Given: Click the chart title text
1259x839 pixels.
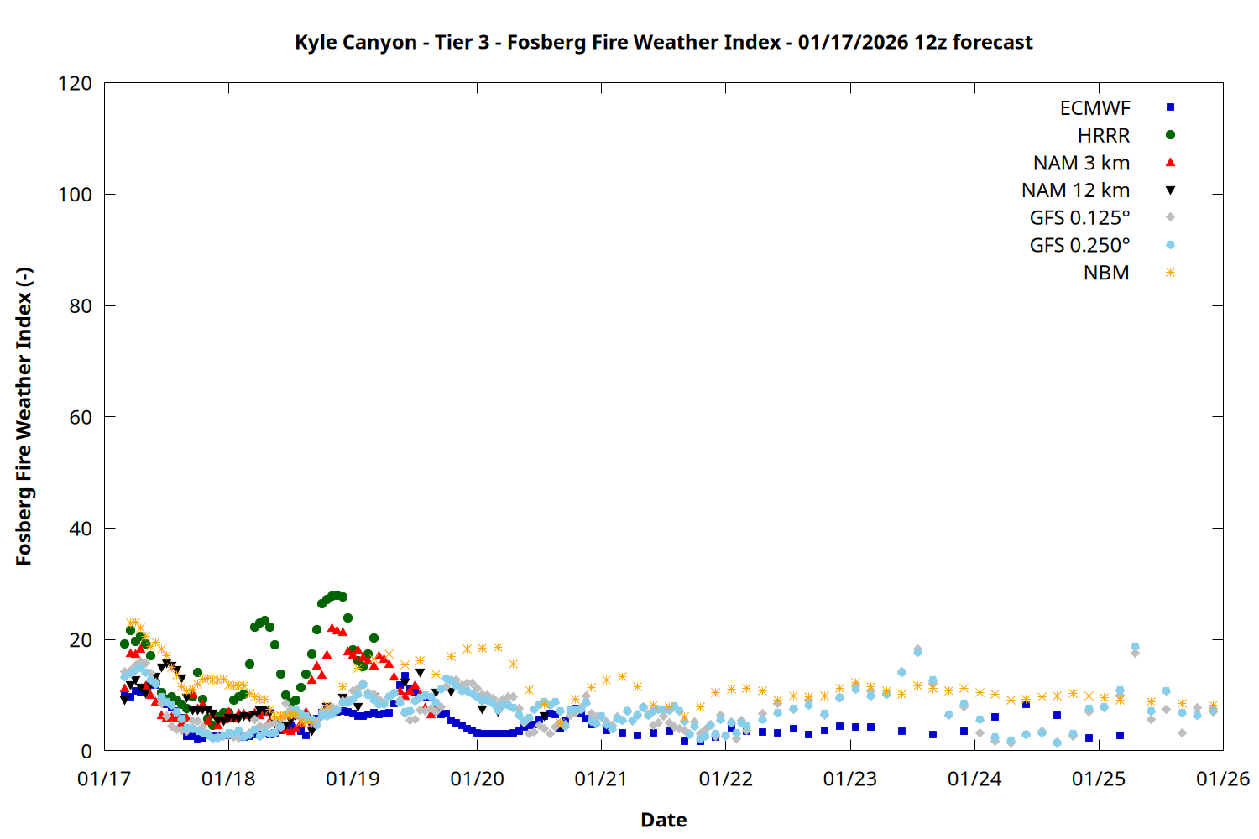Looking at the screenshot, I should tap(663, 42).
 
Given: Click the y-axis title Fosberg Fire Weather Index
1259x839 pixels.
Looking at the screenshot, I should tap(24, 417).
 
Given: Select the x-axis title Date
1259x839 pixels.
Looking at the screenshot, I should tap(663, 820).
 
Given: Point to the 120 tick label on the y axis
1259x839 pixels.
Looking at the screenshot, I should tap(75, 83).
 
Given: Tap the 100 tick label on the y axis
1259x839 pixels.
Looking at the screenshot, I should tap(75, 195).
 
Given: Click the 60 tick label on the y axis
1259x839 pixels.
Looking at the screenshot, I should tap(80, 417).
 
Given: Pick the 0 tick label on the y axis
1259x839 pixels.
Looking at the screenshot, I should tap(86, 751).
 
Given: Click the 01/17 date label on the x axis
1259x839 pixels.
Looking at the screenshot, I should tap(104, 779).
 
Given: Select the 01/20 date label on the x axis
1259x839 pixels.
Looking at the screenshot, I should tap(477, 779).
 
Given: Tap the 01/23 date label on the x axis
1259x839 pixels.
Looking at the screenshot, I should tap(850, 779).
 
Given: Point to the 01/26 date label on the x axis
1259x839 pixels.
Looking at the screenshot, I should tap(1223, 779).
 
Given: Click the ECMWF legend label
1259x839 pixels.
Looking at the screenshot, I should tap(1094, 108).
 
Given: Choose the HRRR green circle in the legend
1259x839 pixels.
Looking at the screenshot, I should tap(1170, 135).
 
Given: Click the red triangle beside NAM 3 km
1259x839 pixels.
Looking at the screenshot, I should tap(1170, 162).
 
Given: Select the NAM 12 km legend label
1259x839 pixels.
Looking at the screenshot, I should tap(1075, 190).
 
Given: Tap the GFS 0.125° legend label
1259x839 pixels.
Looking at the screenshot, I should tap(1079, 218).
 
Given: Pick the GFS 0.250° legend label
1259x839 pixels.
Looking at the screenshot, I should tap(1079, 246).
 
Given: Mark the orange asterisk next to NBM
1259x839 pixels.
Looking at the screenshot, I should tap(1170, 273).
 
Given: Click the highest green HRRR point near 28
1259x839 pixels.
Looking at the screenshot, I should tap(336, 596).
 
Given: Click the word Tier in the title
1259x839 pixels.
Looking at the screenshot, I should tap(454, 42).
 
